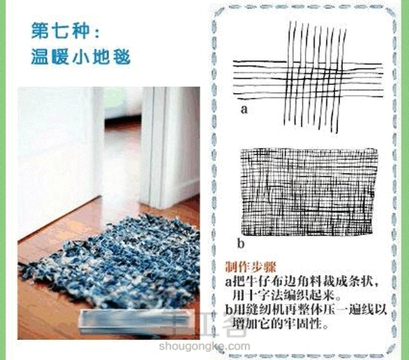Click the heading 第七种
61,31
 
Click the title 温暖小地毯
81,56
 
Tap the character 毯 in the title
121,56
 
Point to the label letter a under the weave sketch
244,109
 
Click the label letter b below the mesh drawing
241,243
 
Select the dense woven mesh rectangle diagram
309,192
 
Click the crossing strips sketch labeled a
308,77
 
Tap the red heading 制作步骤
250,267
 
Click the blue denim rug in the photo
110,261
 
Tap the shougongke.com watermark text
204,346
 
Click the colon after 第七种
97,33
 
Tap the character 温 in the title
39,56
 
